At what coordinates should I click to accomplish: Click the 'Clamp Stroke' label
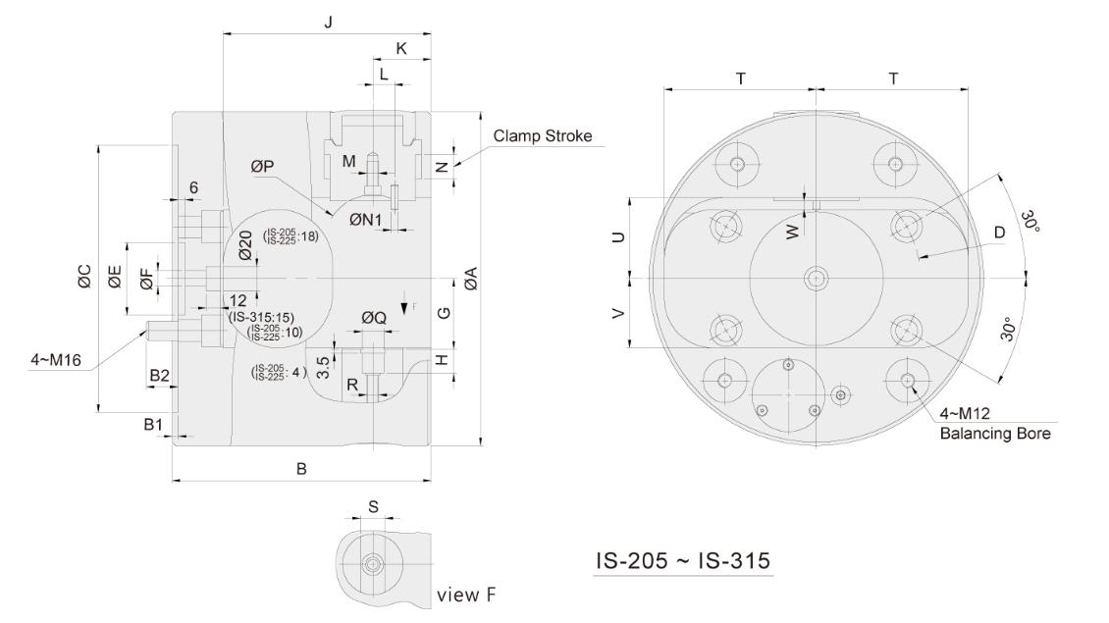pyautogui.click(x=543, y=136)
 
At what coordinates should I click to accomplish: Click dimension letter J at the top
pyautogui.click(x=327, y=21)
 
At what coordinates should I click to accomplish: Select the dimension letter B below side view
pyautogui.click(x=302, y=470)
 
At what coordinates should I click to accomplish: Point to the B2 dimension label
pyautogui.click(x=160, y=375)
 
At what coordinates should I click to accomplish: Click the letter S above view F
pyautogui.click(x=373, y=507)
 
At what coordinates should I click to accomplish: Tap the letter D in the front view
pyautogui.click(x=999, y=233)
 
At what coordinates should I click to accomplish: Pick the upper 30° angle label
pyautogui.click(x=1028, y=221)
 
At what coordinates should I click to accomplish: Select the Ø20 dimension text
pyautogui.click(x=245, y=246)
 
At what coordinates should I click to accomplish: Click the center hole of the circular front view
pyautogui.click(x=815, y=279)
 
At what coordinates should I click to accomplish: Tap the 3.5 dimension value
pyautogui.click(x=324, y=354)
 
